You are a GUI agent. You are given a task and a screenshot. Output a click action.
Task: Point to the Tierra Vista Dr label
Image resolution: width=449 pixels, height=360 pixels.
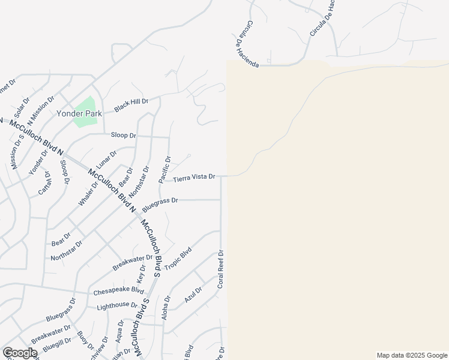[x=194, y=178]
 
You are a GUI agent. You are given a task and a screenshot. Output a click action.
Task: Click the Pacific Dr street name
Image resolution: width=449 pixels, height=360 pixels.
[x=164, y=169]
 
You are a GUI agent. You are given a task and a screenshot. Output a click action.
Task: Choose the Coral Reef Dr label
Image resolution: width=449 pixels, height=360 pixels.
[x=221, y=269]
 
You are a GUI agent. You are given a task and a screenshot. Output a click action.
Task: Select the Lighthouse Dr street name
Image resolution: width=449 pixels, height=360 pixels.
[x=117, y=306]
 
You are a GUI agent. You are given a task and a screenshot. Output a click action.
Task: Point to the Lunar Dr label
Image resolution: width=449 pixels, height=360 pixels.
[x=106, y=160]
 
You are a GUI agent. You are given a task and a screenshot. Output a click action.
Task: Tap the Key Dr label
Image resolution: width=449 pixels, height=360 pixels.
[x=142, y=274]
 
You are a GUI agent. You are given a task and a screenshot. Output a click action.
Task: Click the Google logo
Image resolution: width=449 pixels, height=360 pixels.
[x=20, y=353]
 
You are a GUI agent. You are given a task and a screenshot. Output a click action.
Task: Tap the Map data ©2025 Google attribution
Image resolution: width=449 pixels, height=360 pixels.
[x=411, y=355]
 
